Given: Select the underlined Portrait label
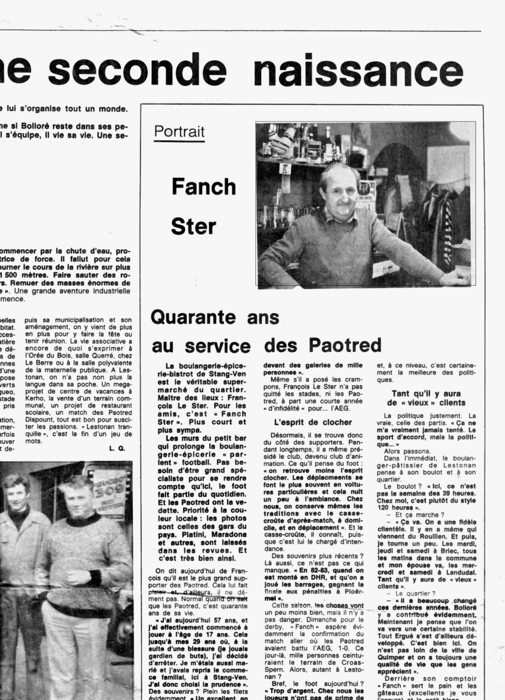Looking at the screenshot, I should click(x=179, y=132).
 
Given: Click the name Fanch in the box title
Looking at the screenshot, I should click(x=203, y=186).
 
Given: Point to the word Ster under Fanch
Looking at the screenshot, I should click(x=193, y=227).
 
